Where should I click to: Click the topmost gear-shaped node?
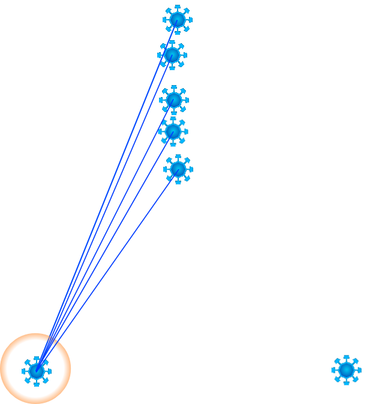click(178, 20)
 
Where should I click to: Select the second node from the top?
click(172, 55)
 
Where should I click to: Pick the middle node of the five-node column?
click(174, 100)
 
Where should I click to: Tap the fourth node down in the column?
click(173, 131)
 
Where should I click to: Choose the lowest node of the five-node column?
click(178, 170)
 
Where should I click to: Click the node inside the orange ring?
click(37, 371)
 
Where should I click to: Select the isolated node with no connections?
click(346, 370)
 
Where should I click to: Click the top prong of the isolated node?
click(346, 357)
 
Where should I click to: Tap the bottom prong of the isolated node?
click(346, 384)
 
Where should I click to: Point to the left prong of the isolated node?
click(333, 370)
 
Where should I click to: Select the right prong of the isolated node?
click(360, 370)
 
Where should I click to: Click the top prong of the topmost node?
click(178, 7)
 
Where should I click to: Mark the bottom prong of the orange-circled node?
click(37, 384)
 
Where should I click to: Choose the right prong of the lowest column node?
click(191, 170)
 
